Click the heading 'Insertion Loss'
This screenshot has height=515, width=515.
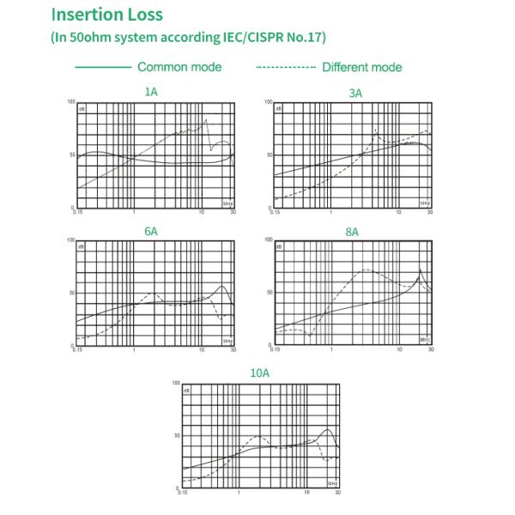coord(106,15)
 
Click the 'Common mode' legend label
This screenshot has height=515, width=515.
coord(179,67)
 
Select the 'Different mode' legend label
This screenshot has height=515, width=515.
coord(361,67)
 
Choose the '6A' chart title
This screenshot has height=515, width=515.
coord(151,232)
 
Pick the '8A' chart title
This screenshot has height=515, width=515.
coord(352,232)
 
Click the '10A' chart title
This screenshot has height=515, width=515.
coord(260,373)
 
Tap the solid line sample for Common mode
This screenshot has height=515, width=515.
coord(102,67)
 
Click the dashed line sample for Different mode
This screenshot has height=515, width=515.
coord(286,67)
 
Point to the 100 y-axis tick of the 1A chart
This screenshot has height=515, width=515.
coord(72,102)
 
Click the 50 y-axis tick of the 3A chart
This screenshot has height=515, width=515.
coord(270,154)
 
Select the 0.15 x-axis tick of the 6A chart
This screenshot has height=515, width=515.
coord(77,351)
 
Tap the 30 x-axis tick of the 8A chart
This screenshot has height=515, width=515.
coord(431,351)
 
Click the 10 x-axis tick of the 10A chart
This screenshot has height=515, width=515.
coord(308,493)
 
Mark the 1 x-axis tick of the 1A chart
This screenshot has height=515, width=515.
coord(135,212)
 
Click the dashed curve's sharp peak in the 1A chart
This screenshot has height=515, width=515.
coord(206,118)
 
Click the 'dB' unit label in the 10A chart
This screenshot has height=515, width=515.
coord(188,390)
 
